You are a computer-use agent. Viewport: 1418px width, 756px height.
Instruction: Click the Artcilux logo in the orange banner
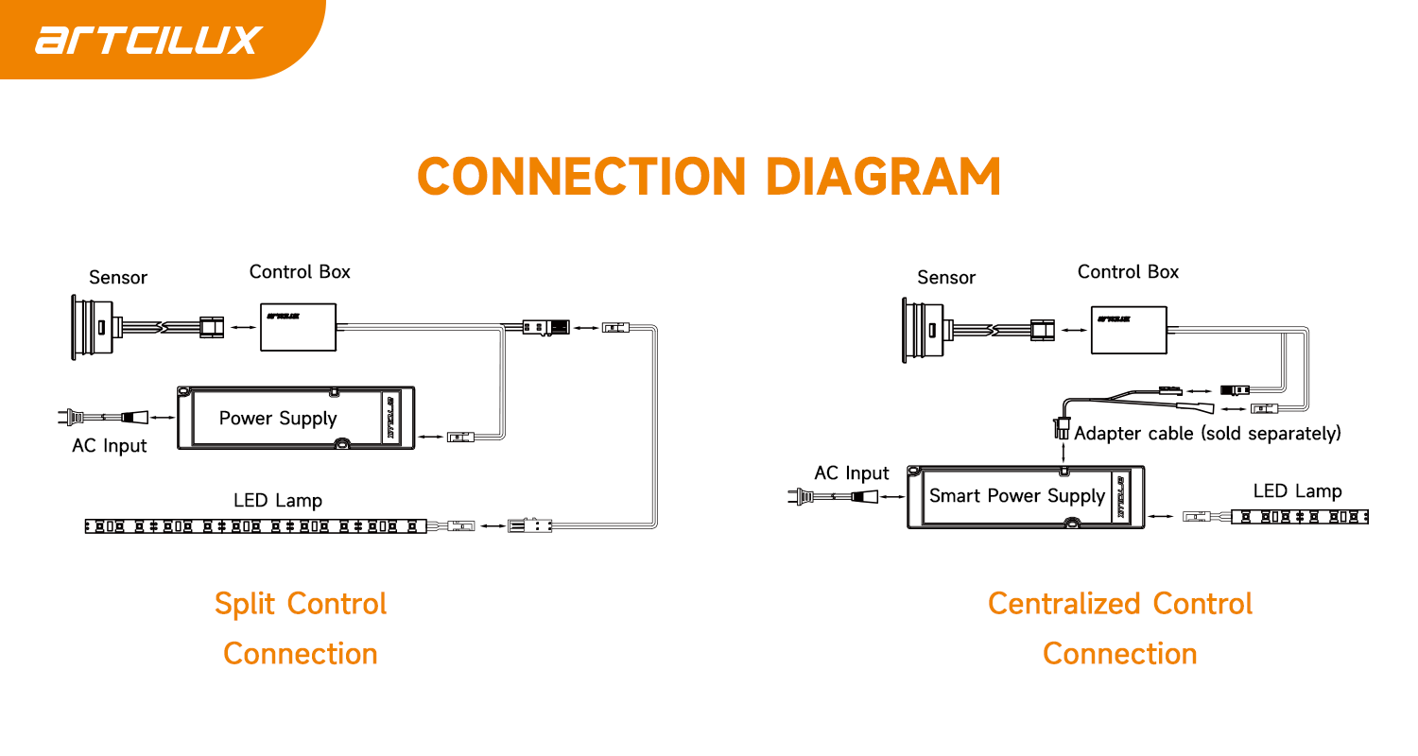(148, 40)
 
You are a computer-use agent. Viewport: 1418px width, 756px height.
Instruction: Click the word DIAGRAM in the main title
(883, 177)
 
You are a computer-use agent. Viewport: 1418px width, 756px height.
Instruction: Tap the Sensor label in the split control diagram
(118, 277)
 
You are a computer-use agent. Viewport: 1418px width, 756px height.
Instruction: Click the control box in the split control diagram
(298, 327)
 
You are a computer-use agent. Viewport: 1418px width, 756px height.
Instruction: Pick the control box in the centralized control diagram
(1129, 330)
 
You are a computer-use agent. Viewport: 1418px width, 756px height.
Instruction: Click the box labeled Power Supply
(296, 418)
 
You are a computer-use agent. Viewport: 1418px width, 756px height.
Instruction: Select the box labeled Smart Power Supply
(1026, 497)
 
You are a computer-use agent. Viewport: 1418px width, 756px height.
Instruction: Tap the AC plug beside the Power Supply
(103, 417)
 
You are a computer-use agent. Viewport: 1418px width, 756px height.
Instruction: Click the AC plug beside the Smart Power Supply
(833, 497)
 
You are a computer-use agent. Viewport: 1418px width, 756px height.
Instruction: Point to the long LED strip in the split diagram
(256, 525)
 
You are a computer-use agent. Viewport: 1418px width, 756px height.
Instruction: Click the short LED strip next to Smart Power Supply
(1300, 517)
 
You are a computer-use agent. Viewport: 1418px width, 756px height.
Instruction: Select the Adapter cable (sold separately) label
(1207, 434)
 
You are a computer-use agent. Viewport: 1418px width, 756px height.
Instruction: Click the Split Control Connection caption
(301, 628)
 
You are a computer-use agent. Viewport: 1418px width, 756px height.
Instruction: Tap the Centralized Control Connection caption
(1120, 628)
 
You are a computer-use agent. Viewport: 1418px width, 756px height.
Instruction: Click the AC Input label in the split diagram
(109, 446)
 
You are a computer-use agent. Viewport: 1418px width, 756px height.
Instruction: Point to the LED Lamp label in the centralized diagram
(1297, 490)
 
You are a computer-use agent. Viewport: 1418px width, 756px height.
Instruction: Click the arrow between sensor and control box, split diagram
(243, 327)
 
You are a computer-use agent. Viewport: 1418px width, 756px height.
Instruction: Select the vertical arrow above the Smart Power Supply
(1063, 453)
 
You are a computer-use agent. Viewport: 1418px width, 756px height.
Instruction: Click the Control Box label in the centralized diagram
(1128, 271)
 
